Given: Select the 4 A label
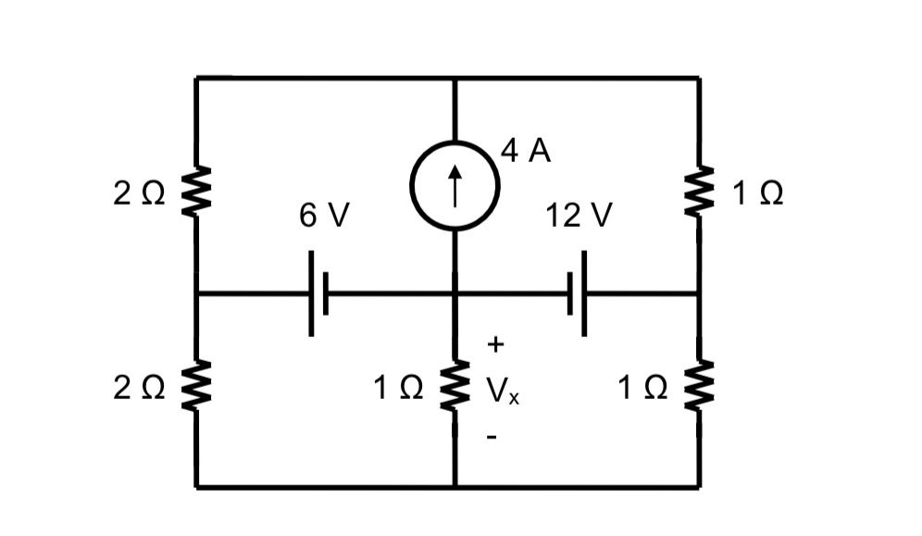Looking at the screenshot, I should [526, 152].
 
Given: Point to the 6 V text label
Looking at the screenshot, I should [324, 216].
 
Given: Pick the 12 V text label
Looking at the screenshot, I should [579, 216].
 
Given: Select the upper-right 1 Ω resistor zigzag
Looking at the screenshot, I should [700, 192].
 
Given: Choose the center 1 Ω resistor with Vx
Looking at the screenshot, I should [455, 389].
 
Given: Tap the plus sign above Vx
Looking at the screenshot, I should [495, 345].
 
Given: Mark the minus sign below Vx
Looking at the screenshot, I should [493, 436].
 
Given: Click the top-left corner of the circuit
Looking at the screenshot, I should [196, 79].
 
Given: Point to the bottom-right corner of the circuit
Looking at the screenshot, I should [700, 486].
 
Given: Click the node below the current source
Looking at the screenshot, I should [455, 294].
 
